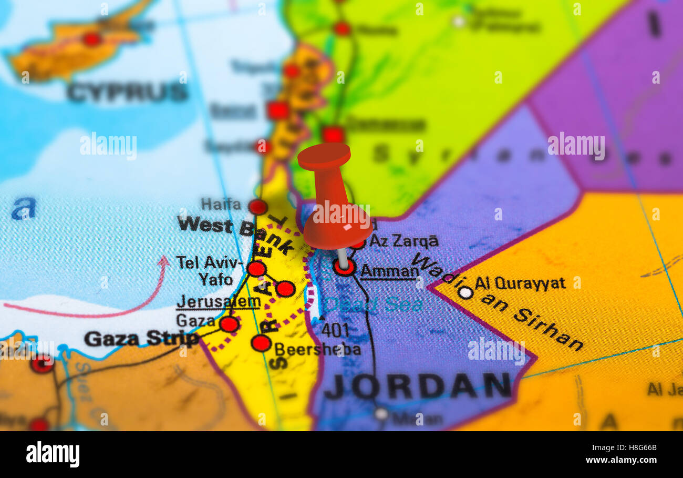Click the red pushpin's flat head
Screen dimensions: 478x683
click(x=324, y=156)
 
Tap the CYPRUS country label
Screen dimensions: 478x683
click(x=127, y=93)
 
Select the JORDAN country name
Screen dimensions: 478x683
click(x=418, y=386)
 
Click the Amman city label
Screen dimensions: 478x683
click(x=389, y=271)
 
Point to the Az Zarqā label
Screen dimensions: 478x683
click(x=403, y=241)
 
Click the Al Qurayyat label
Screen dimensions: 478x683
click(x=520, y=283)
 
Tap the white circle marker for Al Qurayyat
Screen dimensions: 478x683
click(x=465, y=292)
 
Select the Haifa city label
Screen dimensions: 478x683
click(x=221, y=204)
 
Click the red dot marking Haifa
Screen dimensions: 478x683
click(x=257, y=207)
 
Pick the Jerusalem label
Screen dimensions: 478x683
click(x=218, y=302)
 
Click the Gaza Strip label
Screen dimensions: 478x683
click(x=141, y=339)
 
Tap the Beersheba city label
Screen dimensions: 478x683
click(x=317, y=349)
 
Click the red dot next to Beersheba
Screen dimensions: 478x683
click(x=261, y=343)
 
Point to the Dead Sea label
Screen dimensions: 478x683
click(x=372, y=304)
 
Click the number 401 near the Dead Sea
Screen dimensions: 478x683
click(x=335, y=330)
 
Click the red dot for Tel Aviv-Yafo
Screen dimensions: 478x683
click(x=256, y=269)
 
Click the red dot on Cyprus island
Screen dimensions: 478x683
click(x=92, y=39)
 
